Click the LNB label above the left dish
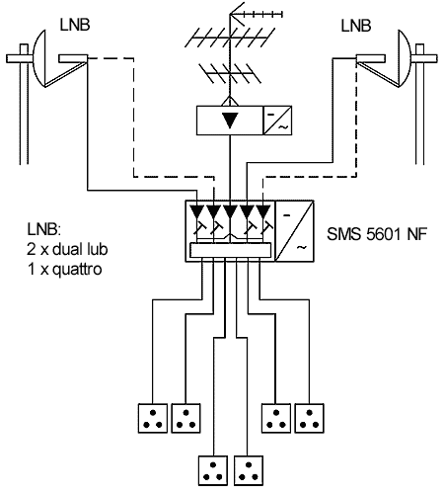tap(75, 25)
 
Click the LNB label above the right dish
tap(356, 26)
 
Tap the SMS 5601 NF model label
tap(377, 234)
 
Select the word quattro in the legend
tap(78, 270)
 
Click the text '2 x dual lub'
tap(67, 249)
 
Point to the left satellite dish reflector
tap(39, 58)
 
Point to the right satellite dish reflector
tap(405, 58)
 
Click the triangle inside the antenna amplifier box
tap(230, 120)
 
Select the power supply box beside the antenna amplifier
tap(277, 121)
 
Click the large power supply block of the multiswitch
tap(294, 231)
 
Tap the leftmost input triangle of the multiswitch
tap(197, 210)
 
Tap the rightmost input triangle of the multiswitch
tap(263, 210)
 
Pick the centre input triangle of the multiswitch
tap(230, 210)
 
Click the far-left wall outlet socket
tap(153, 418)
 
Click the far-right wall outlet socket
tap(309, 418)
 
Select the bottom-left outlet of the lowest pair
tap(213, 470)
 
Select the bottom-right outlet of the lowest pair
tap(249, 470)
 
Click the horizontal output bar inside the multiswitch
tap(231, 250)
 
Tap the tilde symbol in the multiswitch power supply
tap(301, 247)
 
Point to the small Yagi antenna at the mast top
tap(256, 14)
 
